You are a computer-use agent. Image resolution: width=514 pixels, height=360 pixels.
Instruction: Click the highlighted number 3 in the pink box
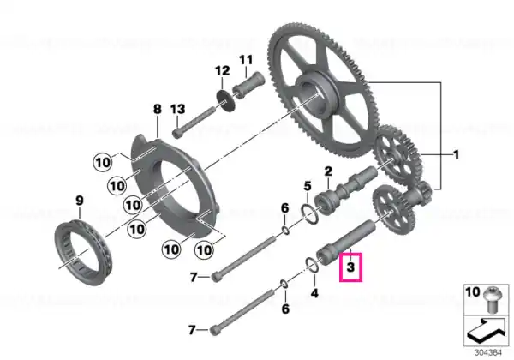(x=350, y=267)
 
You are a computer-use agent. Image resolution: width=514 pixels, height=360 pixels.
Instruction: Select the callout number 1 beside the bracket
(x=456, y=155)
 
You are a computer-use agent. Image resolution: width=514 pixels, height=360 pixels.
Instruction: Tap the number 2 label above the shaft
(x=328, y=171)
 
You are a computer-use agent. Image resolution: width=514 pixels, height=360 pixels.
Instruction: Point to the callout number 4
(x=314, y=292)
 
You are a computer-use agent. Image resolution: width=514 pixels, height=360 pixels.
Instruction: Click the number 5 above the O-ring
(x=308, y=186)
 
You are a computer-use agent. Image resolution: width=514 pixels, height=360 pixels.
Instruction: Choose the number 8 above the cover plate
(x=158, y=109)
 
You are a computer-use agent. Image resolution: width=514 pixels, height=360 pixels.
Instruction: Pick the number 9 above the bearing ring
(x=80, y=201)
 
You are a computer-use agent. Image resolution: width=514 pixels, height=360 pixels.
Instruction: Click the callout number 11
(x=246, y=60)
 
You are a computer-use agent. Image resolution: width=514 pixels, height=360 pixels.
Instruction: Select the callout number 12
(x=223, y=70)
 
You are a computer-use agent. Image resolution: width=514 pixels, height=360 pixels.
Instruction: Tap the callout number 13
(x=178, y=109)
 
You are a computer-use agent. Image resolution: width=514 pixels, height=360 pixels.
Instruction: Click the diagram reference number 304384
(x=488, y=353)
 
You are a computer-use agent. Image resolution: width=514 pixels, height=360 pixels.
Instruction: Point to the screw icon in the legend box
(x=492, y=300)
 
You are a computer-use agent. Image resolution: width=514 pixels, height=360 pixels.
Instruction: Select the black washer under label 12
(x=226, y=99)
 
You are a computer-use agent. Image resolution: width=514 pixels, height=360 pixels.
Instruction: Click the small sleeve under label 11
(x=248, y=85)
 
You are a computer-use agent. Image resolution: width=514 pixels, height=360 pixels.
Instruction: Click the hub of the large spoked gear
(x=316, y=95)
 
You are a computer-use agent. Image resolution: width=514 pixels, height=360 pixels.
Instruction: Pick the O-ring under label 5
(x=309, y=214)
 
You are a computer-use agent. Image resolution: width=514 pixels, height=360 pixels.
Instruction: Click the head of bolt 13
(x=177, y=133)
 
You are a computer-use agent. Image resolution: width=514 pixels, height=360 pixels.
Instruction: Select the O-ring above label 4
(x=312, y=265)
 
